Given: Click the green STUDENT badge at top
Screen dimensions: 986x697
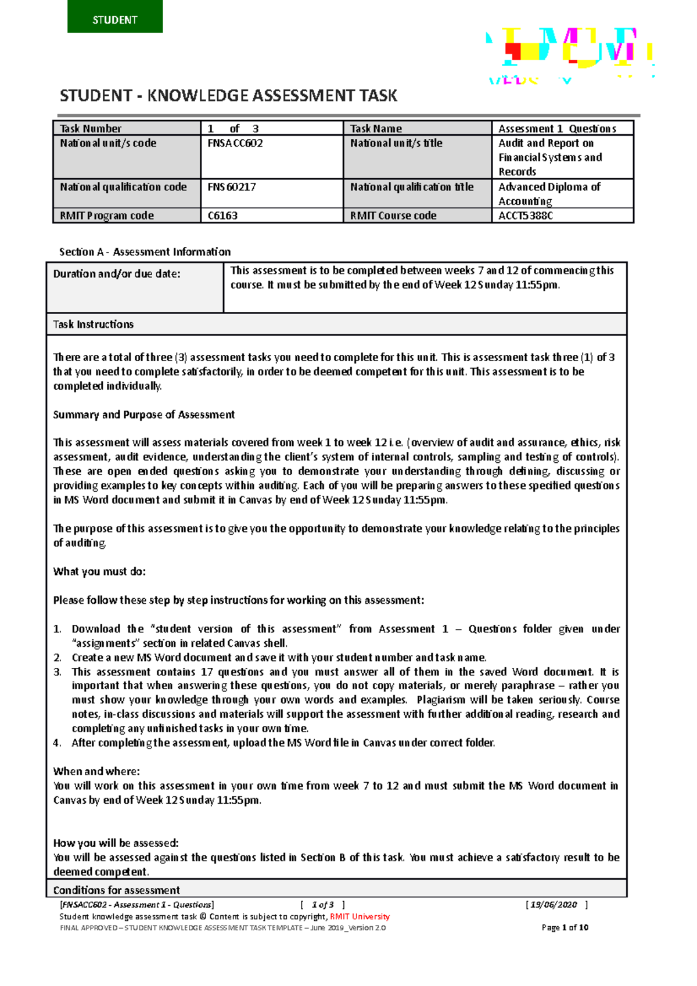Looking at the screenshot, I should [115, 17].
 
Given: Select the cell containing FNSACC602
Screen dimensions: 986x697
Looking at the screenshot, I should [271, 156].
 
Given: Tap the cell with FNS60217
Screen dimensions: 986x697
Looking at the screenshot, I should [271, 193].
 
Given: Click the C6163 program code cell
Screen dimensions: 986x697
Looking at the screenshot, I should [271, 215].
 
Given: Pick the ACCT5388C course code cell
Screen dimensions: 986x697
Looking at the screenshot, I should [562, 215].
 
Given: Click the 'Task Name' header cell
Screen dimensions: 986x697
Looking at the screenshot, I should [416, 128].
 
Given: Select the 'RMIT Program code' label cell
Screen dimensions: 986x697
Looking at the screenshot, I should [127, 215].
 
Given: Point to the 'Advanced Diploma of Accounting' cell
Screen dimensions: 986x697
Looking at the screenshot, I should [562, 193].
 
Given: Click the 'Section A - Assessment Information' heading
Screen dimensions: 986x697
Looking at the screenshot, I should [145, 251].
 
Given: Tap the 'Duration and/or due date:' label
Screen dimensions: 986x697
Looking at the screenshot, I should [117, 274].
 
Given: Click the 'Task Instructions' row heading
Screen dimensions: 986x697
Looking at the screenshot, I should [94, 324].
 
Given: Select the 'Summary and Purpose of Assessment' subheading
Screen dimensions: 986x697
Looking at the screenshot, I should [144, 415].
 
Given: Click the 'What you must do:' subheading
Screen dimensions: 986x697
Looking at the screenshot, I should [99, 571].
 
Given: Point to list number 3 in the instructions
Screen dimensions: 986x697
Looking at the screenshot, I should [58, 672].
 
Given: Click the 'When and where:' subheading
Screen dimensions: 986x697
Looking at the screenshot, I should [96, 771].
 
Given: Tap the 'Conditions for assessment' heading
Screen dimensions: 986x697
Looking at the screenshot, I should [116, 890].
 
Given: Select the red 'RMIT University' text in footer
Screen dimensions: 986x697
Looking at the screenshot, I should [360, 916].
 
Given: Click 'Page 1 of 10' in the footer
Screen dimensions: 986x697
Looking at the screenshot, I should [565, 927].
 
